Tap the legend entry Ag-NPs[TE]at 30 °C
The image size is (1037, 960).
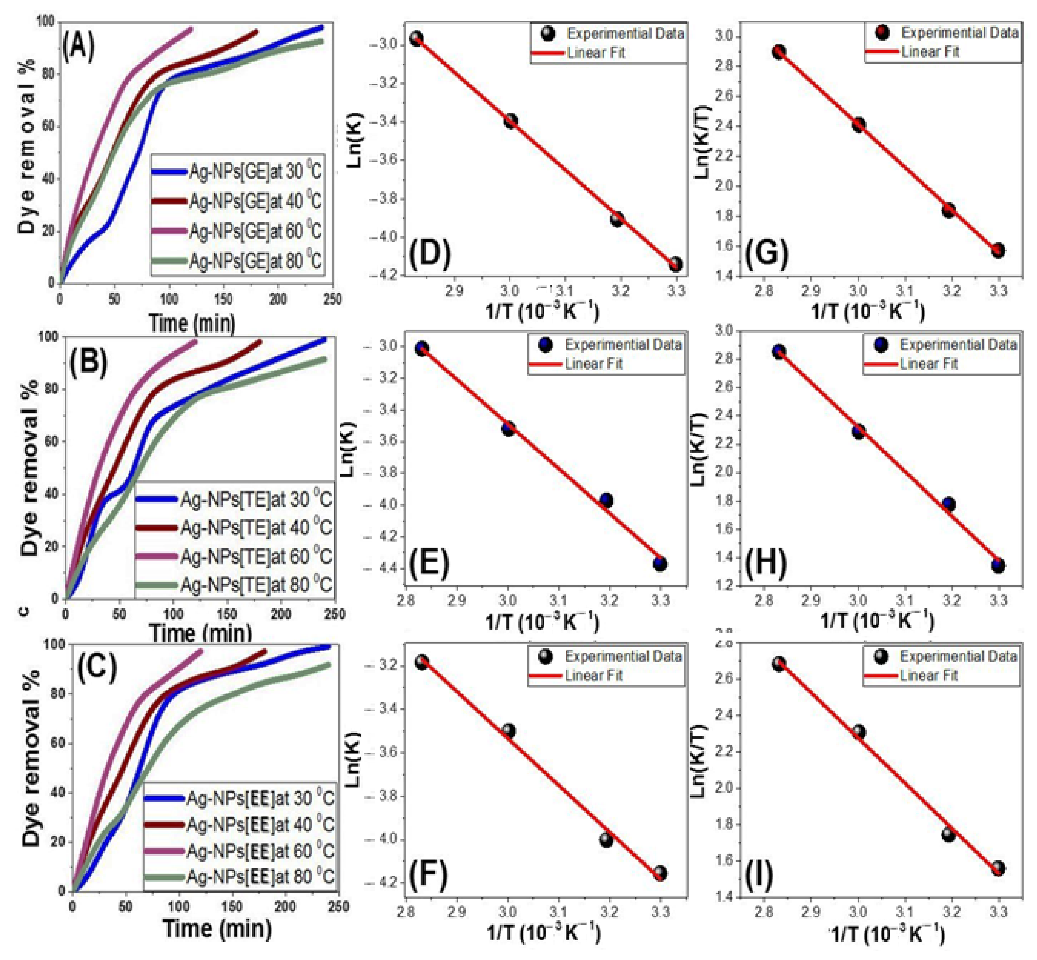[x=255, y=499]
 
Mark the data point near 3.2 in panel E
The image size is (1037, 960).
[x=606, y=500]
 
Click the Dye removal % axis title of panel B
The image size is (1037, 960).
[x=30, y=468]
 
